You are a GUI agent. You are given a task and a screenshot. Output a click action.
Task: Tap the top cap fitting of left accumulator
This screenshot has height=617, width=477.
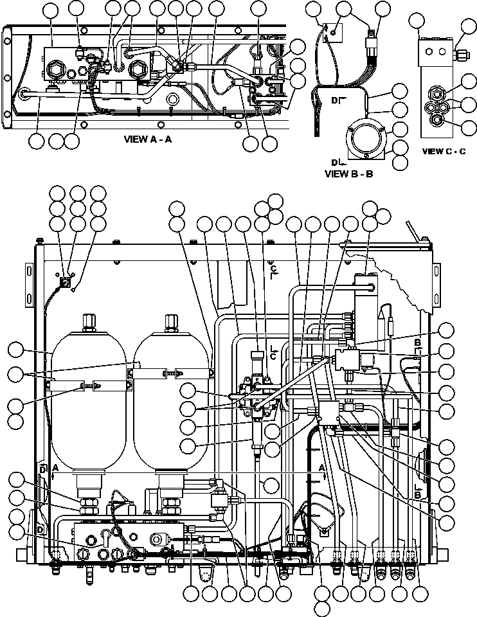point(88,320)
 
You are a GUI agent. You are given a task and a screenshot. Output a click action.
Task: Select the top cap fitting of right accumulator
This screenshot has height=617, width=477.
point(170,320)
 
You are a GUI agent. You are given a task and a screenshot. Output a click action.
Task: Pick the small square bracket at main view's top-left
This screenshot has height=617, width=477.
point(65,281)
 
